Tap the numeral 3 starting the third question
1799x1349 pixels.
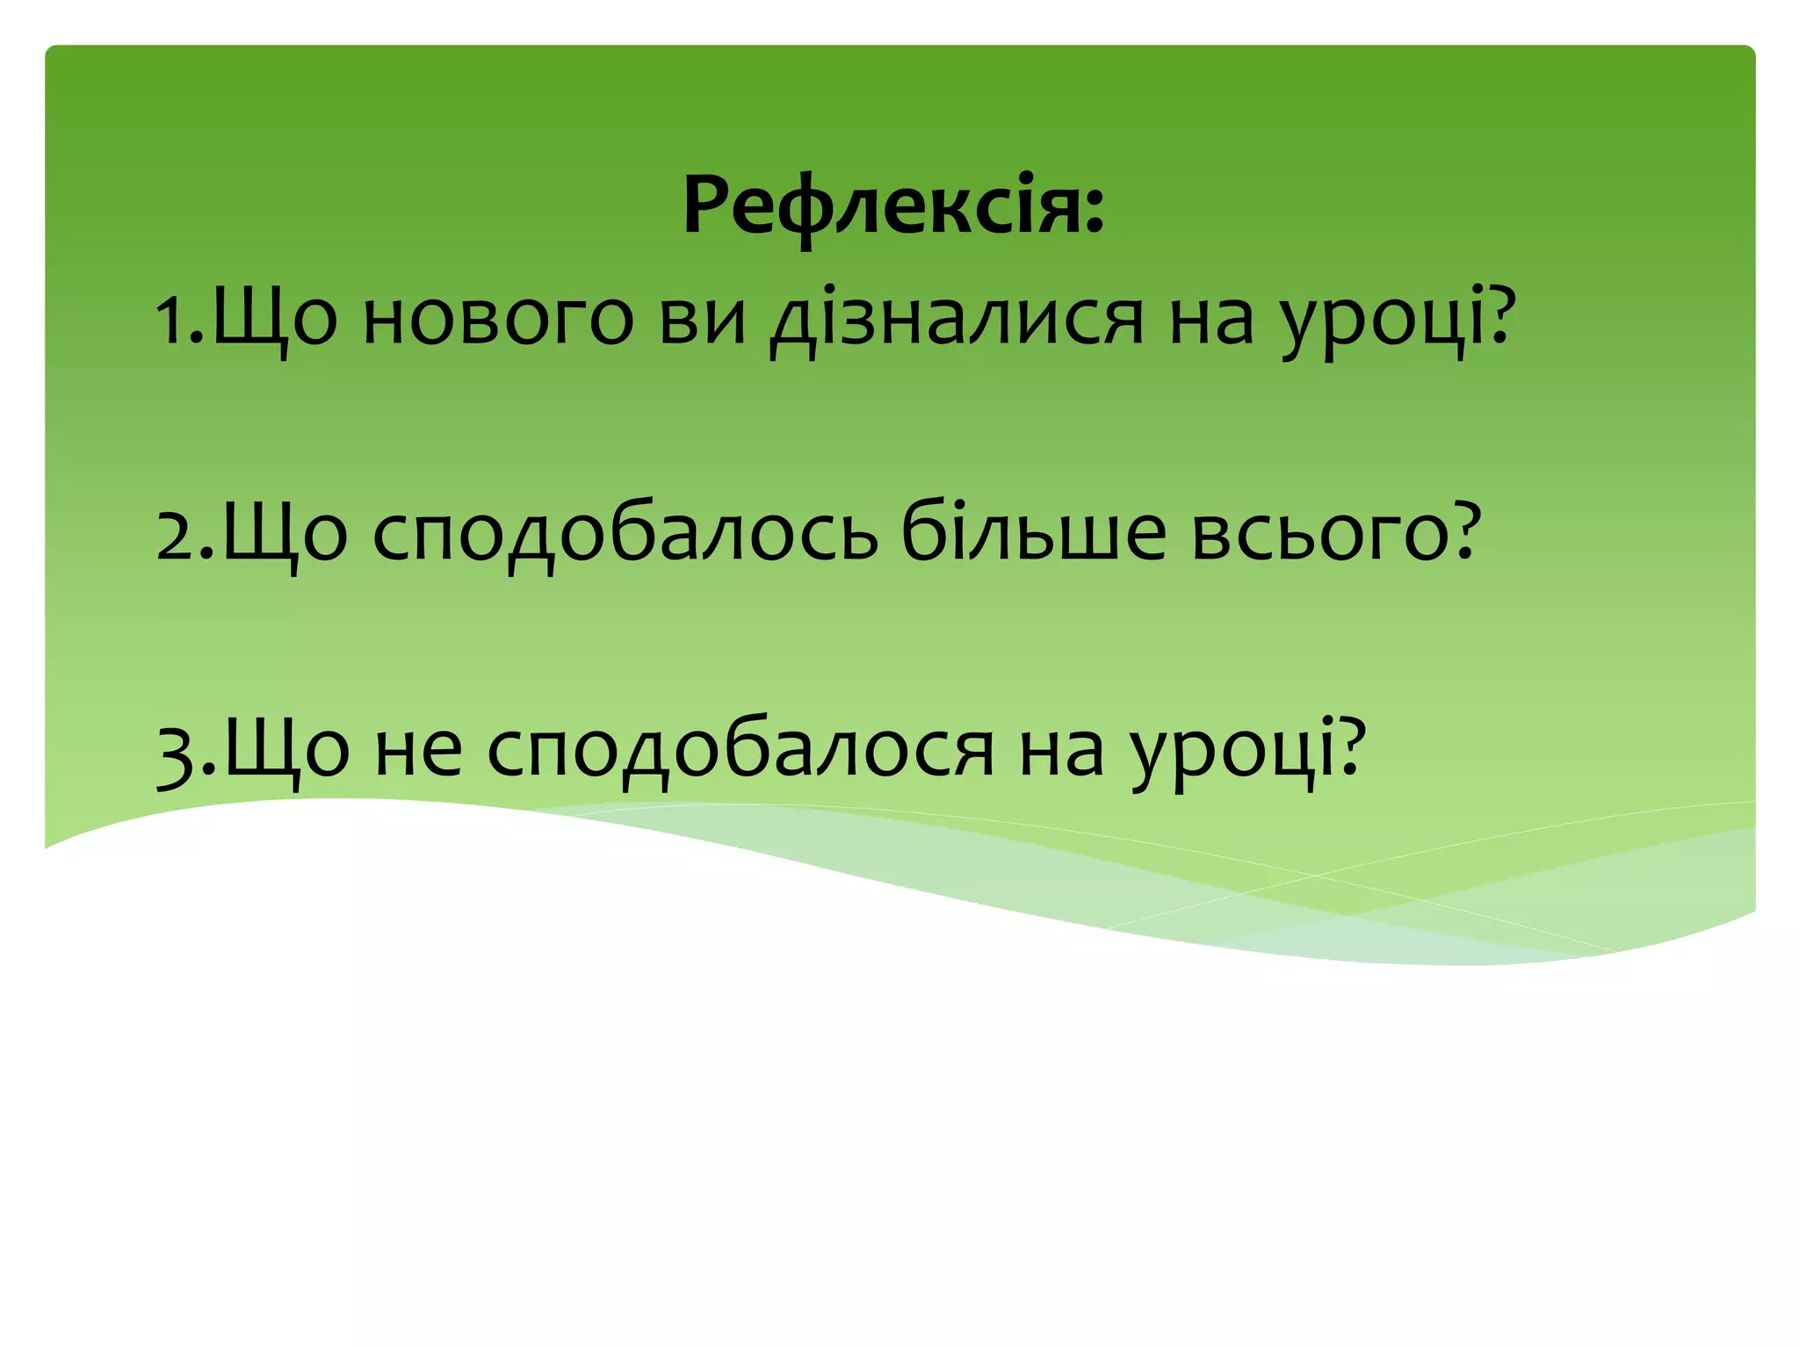coord(178,752)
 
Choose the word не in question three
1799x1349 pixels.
coord(418,752)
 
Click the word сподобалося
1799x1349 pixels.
coord(741,752)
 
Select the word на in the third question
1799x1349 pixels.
coord(1061,752)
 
